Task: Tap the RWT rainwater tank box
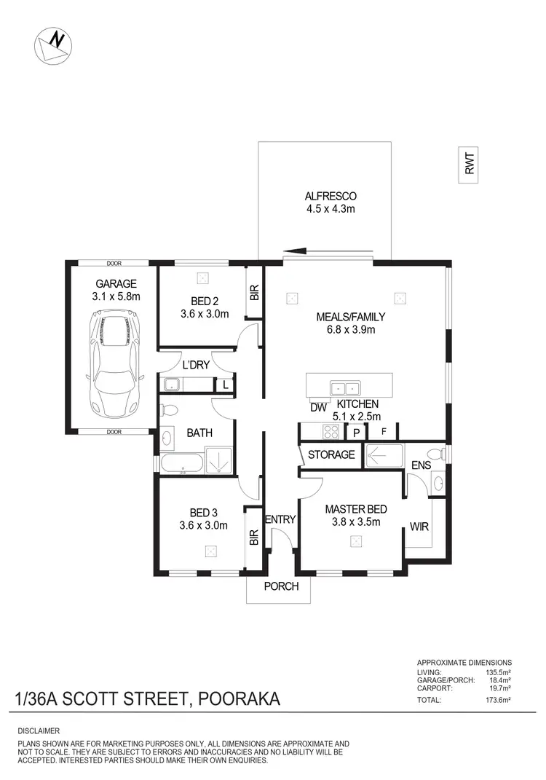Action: (x=470, y=162)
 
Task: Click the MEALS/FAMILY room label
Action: (x=350, y=317)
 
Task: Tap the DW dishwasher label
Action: (x=317, y=408)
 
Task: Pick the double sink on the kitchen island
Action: (x=345, y=388)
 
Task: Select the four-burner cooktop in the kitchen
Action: (x=331, y=432)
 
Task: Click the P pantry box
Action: (x=357, y=432)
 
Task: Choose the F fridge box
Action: (x=383, y=432)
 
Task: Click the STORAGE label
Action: (x=331, y=454)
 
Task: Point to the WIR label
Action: (x=419, y=525)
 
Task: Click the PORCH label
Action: (x=280, y=586)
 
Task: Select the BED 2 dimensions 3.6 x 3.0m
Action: (x=205, y=315)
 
